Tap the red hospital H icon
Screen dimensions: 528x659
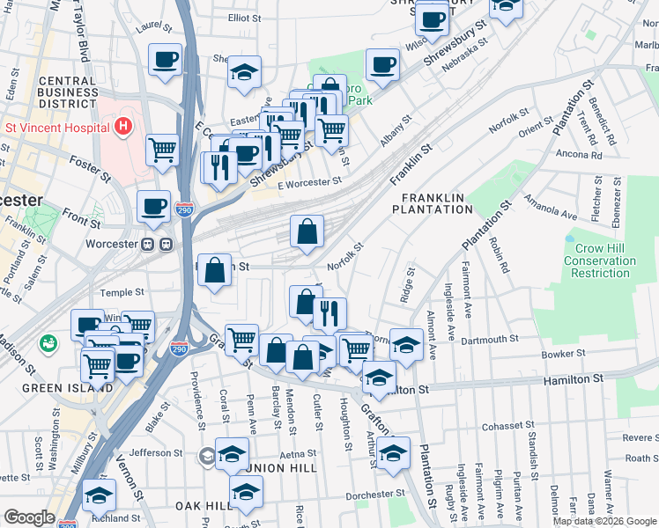click(x=122, y=127)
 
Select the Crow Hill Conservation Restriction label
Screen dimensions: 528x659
click(x=600, y=260)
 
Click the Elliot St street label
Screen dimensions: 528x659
click(x=245, y=18)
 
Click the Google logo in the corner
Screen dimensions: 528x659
click(x=28, y=518)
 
